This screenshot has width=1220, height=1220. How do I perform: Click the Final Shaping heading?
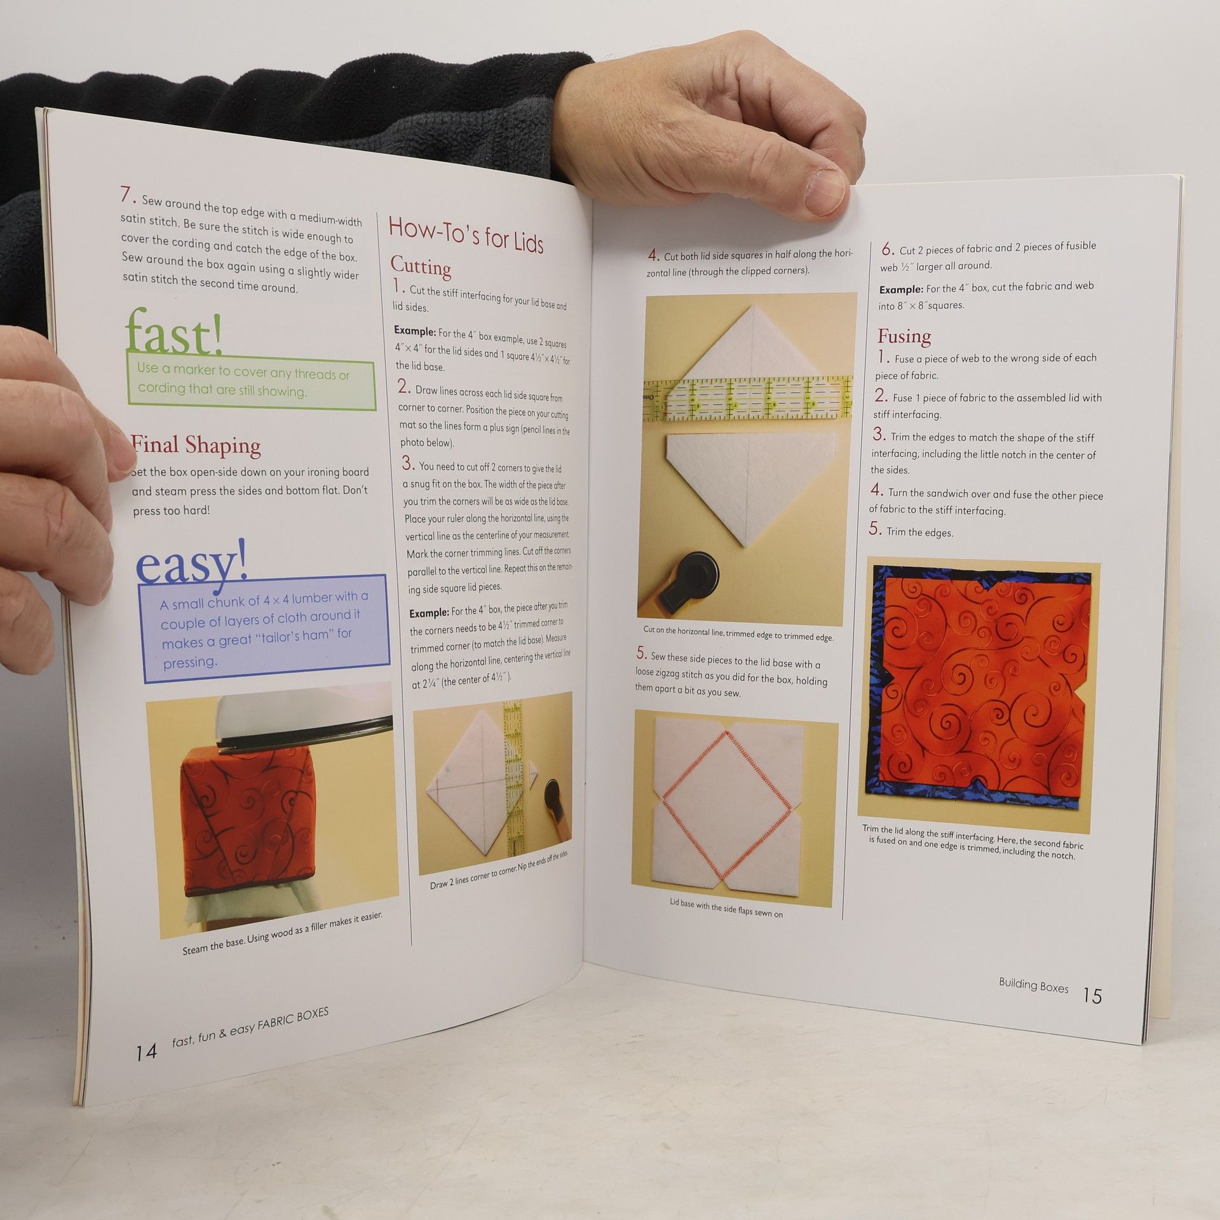(196, 445)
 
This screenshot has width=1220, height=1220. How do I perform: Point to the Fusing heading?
(904, 336)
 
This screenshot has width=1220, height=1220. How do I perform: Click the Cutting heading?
(421, 267)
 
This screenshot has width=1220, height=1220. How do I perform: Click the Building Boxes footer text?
(1033, 986)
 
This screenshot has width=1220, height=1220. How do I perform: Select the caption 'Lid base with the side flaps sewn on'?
(726, 909)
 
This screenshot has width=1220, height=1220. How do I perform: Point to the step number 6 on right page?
(888, 248)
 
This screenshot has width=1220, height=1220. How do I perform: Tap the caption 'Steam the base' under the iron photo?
(282, 935)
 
